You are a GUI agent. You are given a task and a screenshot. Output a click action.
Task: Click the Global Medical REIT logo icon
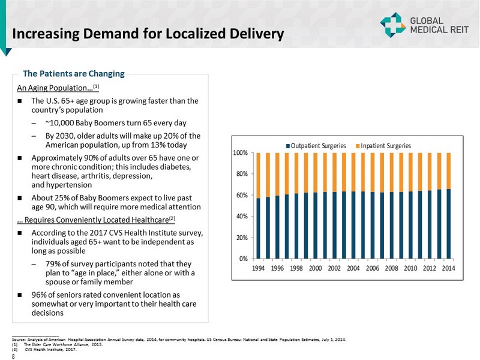click(x=392, y=23)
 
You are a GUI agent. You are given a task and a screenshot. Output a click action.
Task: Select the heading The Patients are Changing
click(x=73, y=74)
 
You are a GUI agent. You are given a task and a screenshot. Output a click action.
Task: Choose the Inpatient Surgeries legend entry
click(x=384, y=146)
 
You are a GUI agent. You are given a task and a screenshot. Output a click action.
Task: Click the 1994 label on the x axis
click(x=259, y=268)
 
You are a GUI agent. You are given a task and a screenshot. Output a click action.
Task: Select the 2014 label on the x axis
click(x=448, y=268)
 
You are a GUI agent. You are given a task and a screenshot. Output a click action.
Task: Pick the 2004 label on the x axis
click(x=353, y=268)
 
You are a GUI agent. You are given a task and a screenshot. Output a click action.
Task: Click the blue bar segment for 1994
click(x=259, y=228)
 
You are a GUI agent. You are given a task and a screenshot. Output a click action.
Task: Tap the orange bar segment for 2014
click(x=448, y=170)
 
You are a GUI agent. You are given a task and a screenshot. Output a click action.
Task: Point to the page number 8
click(x=13, y=353)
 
